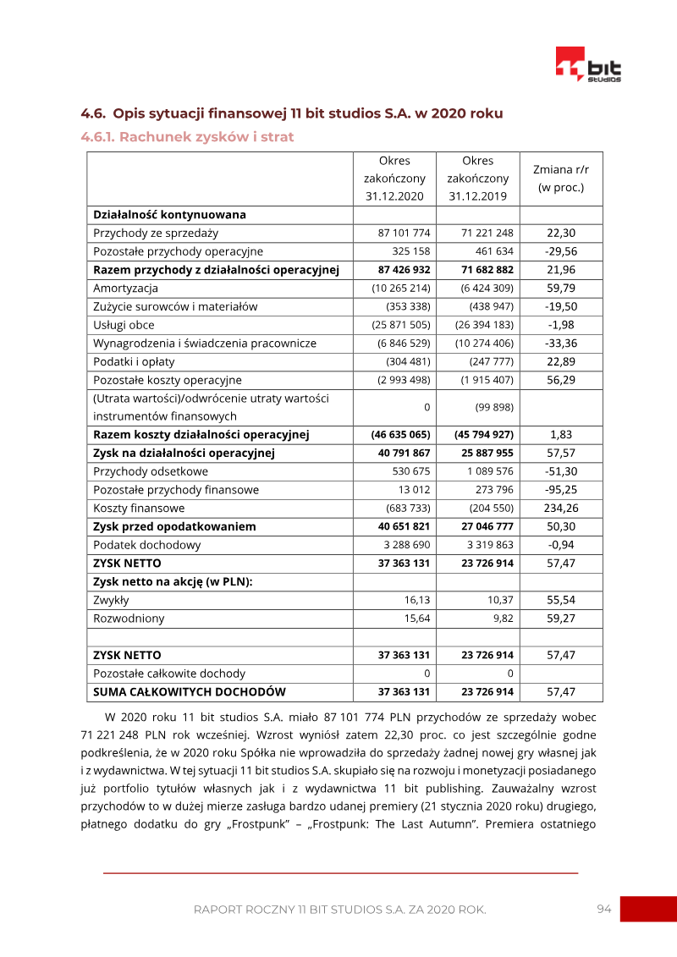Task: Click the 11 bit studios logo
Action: coord(588,64)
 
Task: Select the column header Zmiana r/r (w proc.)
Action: coord(561,179)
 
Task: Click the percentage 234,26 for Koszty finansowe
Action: coord(561,509)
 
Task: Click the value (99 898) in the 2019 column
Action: coord(491,408)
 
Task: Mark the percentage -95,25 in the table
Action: coord(561,490)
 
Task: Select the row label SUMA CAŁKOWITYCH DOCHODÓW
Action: coord(190,692)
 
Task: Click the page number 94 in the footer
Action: coord(603,909)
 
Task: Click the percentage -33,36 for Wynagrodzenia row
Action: coord(561,344)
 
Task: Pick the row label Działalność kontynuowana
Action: coord(169,215)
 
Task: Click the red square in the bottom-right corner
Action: coord(648,910)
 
